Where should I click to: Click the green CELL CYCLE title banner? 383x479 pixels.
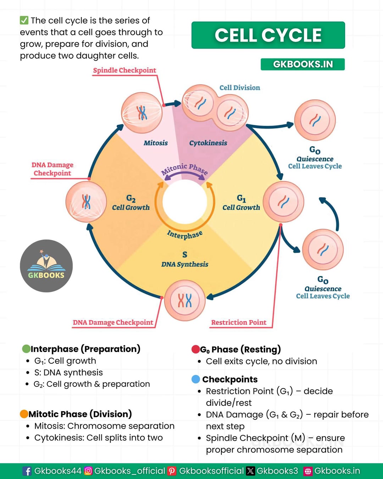tap(268, 35)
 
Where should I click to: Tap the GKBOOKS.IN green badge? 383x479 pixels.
tap(302, 64)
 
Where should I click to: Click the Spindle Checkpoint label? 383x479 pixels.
tap(124, 70)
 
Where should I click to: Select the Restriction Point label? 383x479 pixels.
tap(239, 322)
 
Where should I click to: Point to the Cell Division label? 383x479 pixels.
tap(240, 88)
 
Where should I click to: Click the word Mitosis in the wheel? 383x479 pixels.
tap(156, 143)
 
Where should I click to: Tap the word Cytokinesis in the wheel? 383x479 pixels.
tap(208, 143)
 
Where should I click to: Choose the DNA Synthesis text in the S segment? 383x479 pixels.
tap(185, 264)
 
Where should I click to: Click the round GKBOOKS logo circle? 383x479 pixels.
tap(46, 266)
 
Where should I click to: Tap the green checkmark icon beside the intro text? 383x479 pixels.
tap(24, 20)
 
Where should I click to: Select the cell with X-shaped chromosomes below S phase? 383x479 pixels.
tap(185, 300)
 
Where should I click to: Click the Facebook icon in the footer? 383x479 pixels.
tap(27, 471)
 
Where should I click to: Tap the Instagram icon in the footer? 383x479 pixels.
tap(88, 471)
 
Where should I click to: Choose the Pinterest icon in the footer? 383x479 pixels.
tap(172, 471)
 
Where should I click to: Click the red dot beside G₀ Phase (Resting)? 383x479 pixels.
tap(196, 349)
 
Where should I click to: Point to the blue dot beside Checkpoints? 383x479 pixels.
tap(196, 379)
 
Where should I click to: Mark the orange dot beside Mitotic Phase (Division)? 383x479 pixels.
tap(24, 414)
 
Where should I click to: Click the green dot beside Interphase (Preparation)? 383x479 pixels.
tap(26, 349)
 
